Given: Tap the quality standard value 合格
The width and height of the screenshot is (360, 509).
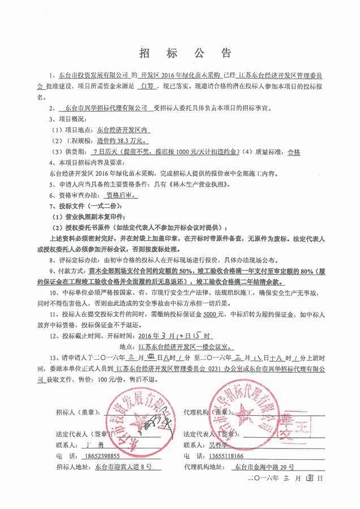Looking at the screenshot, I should click(294, 152).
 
